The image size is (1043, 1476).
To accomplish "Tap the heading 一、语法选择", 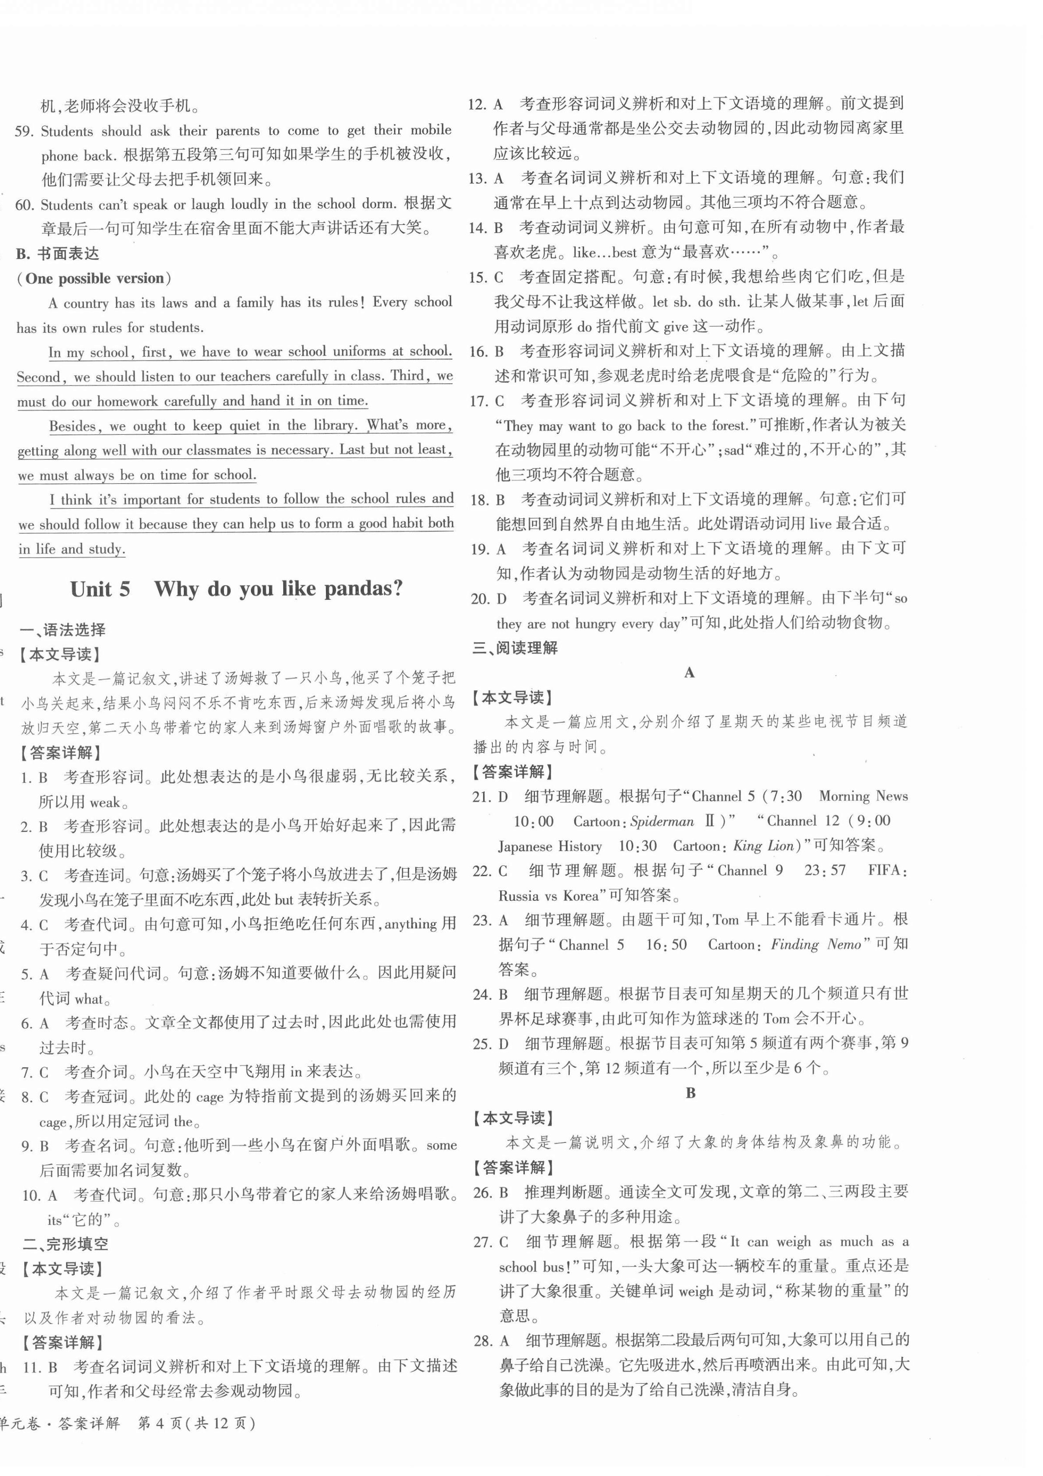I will (x=63, y=630).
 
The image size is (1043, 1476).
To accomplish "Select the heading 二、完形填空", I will (x=66, y=1244).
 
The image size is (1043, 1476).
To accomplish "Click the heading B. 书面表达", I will (x=58, y=254).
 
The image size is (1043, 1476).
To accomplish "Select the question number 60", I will (x=25, y=205).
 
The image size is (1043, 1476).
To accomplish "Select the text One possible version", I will (x=95, y=279).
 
